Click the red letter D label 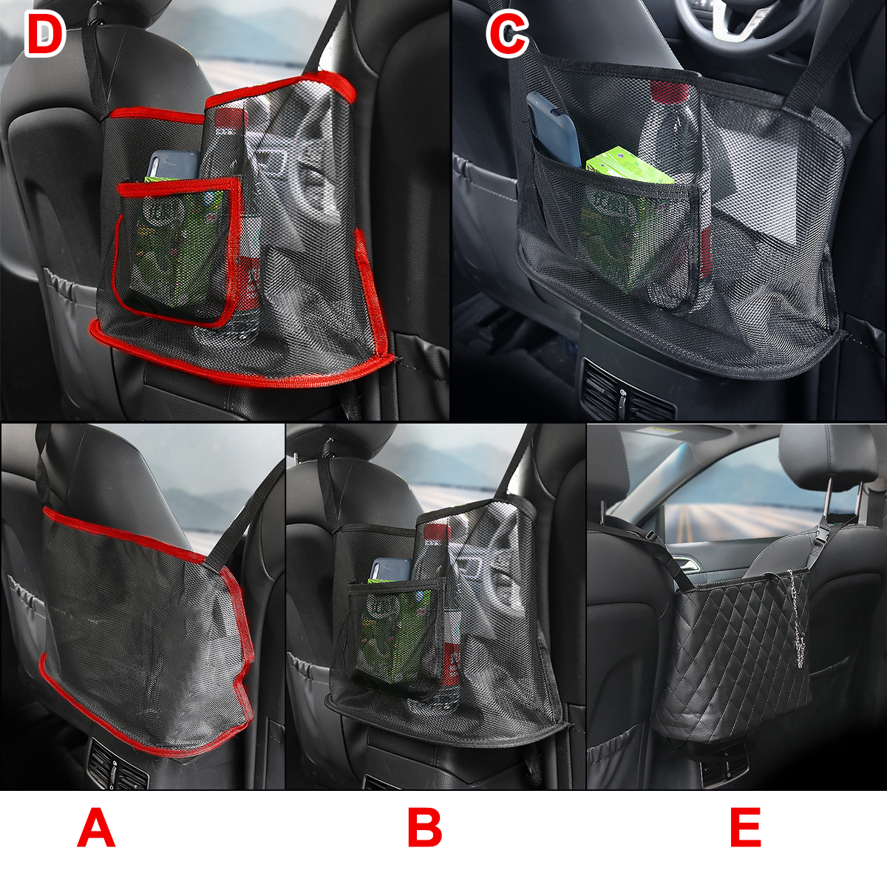pos(45,35)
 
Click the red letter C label pos(507,35)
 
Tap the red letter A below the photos pos(96,828)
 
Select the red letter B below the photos pos(424,828)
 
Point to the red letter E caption pos(745,828)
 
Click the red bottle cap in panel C pos(670,92)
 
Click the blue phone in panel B pos(390,570)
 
